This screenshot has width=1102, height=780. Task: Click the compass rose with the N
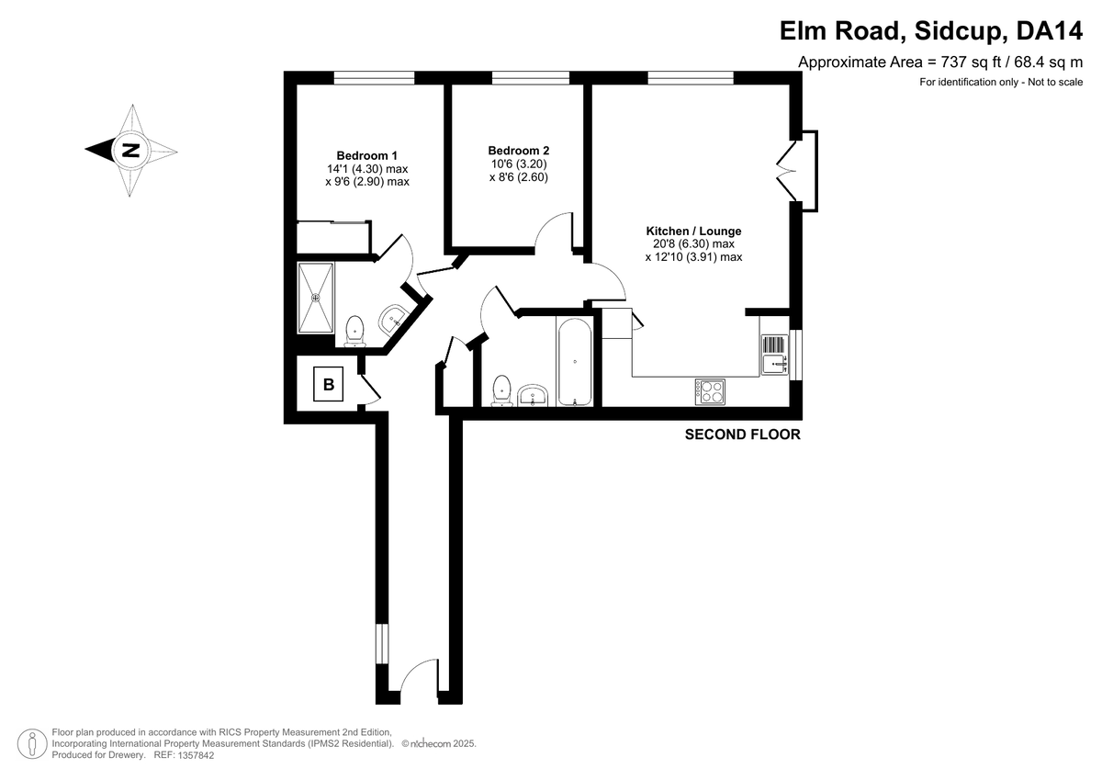131,151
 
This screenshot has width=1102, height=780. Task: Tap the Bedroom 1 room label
366,155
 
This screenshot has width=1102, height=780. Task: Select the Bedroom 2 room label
518,151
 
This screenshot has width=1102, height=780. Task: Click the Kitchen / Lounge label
693,231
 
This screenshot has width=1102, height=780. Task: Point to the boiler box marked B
329,383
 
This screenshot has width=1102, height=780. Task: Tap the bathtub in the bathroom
575,360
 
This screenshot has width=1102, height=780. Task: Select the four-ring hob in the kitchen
710,391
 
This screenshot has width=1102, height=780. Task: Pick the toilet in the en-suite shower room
354,330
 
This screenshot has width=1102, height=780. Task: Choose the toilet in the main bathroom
501,390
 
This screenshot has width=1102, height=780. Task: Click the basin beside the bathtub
534,396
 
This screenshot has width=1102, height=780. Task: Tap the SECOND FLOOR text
742,435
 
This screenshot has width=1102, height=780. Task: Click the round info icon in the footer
33,743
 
